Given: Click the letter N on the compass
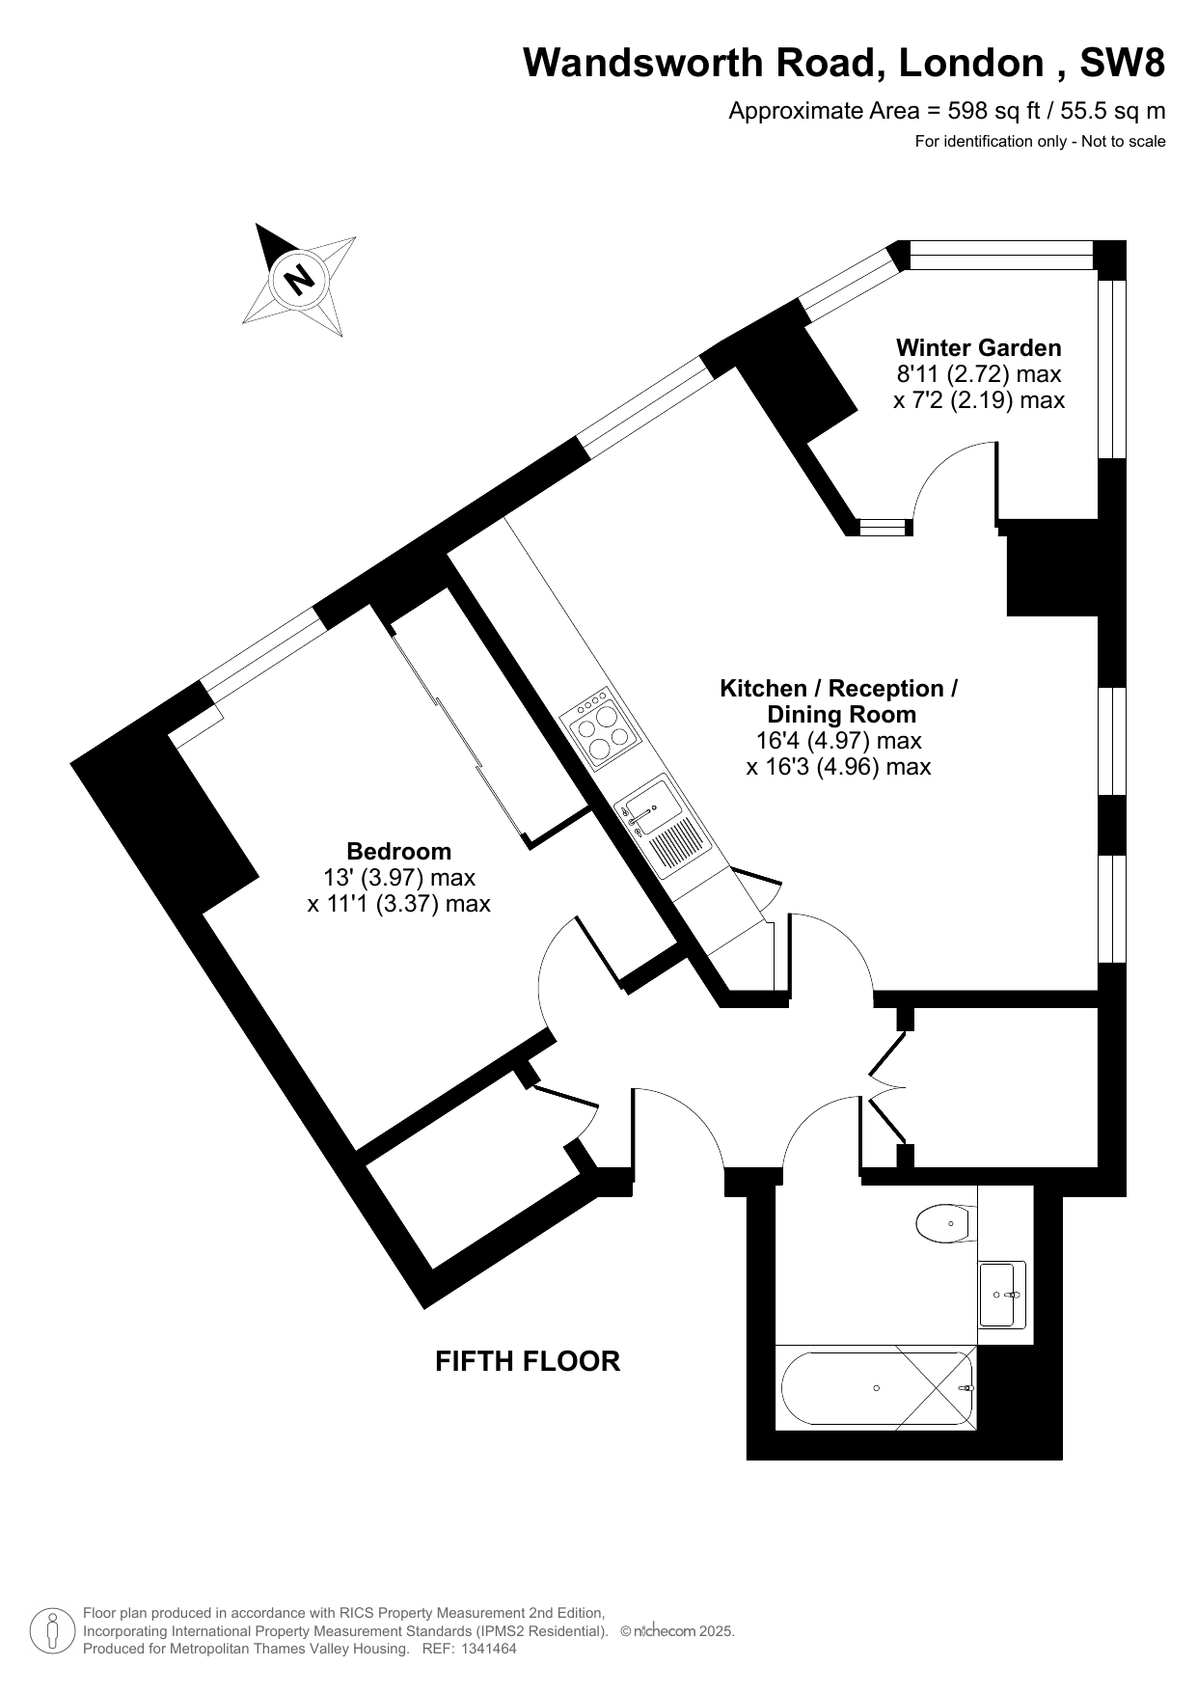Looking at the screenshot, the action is pos(300,279).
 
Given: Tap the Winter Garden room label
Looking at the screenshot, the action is pos(978,347).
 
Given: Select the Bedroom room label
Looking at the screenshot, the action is pos(398,851).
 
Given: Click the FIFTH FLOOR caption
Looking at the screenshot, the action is pos(528,1361).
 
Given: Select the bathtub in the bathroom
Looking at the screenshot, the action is pos(876,1388).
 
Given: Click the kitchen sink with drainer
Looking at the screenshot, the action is pos(663,826).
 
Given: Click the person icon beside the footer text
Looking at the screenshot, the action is pos(52,1630).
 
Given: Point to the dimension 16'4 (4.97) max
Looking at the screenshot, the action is pos(838,741).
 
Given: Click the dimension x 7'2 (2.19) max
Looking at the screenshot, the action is pos(978,399).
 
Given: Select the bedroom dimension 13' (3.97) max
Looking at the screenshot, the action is pos(399,878).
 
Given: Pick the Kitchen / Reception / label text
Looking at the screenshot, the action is pos(839,689).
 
